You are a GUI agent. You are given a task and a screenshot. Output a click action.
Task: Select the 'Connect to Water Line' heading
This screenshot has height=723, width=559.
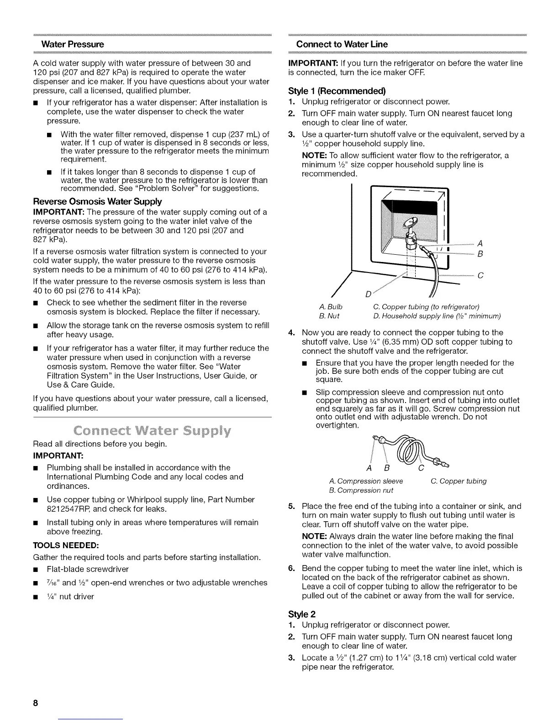(342, 44)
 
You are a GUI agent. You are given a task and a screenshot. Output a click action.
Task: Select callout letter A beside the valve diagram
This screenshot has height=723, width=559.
(479, 243)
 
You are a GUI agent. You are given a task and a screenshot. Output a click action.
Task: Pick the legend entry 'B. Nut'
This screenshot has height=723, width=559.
(329, 315)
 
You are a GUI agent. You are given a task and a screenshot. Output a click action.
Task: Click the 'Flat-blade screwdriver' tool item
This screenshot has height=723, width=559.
(88, 569)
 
